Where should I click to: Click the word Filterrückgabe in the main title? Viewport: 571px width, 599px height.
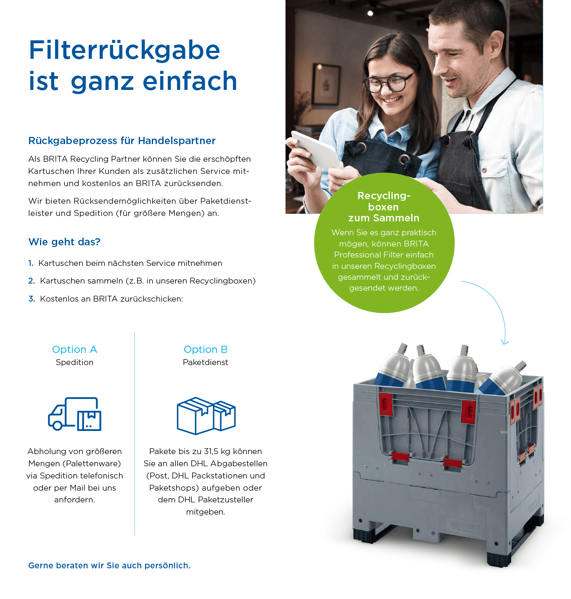(124, 50)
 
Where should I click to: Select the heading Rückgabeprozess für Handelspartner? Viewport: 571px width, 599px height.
(122, 141)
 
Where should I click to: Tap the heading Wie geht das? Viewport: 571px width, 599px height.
(64, 242)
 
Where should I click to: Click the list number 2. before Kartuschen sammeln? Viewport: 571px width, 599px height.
(32, 281)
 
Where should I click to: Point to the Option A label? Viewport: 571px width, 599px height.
(75, 349)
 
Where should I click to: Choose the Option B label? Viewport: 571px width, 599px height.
(206, 349)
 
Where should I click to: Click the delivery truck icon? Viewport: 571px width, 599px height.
(75, 414)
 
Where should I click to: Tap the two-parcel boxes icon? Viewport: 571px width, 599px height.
(206, 415)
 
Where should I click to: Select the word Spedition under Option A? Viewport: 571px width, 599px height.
(75, 362)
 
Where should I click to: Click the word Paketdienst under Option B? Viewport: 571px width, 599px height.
(206, 362)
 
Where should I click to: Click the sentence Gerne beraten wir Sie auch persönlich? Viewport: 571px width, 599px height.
(109, 566)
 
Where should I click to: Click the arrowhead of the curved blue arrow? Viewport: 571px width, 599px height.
(505, 342)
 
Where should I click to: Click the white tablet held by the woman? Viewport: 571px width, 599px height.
(315, 150)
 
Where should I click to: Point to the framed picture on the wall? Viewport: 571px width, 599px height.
(326, 85)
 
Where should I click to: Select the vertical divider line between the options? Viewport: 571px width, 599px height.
(135, 433)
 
